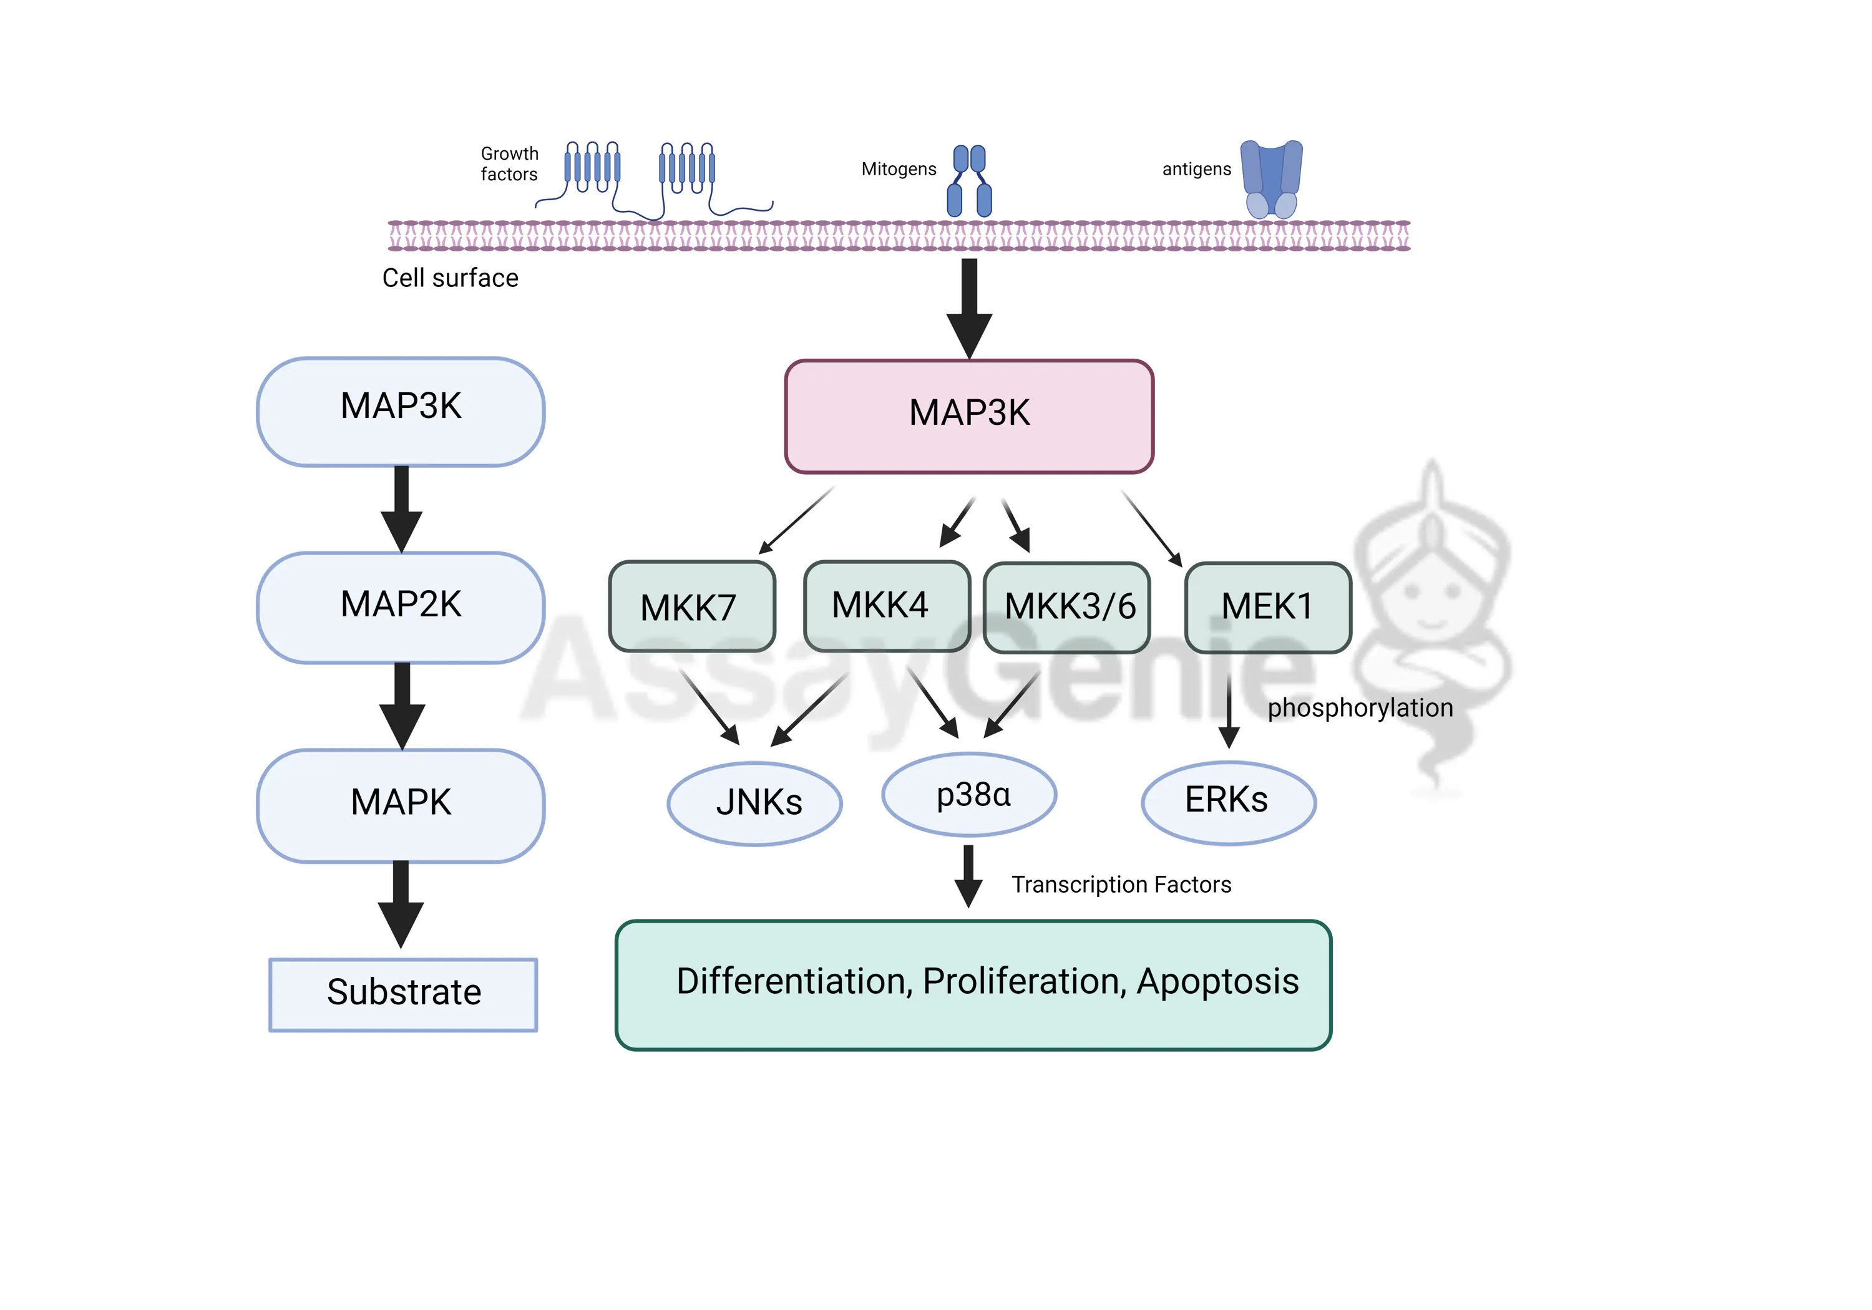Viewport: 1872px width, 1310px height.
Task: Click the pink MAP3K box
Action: (x=968, y=415)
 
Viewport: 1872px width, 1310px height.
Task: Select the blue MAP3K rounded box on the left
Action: (x=401, y=411)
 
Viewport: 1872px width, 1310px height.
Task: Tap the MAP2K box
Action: (x=401, y=608)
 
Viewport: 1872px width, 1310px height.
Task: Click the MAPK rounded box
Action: (x=401, y=805)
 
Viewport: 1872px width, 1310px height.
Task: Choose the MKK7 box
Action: (x=691, y=606)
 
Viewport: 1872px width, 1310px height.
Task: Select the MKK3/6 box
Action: (x=1066, y=608)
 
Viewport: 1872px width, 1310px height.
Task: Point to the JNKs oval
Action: (x=755, y=803)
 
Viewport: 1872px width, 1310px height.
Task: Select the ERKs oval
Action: (x=1228, y=802)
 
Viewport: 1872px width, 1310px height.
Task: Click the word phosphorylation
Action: (x=1359, y=707)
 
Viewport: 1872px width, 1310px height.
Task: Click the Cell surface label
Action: (x=450, y=278)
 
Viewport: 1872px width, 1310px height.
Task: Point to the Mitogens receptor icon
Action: (x=970, y=181)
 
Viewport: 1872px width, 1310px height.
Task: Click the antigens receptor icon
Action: (x=1270, y=179)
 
